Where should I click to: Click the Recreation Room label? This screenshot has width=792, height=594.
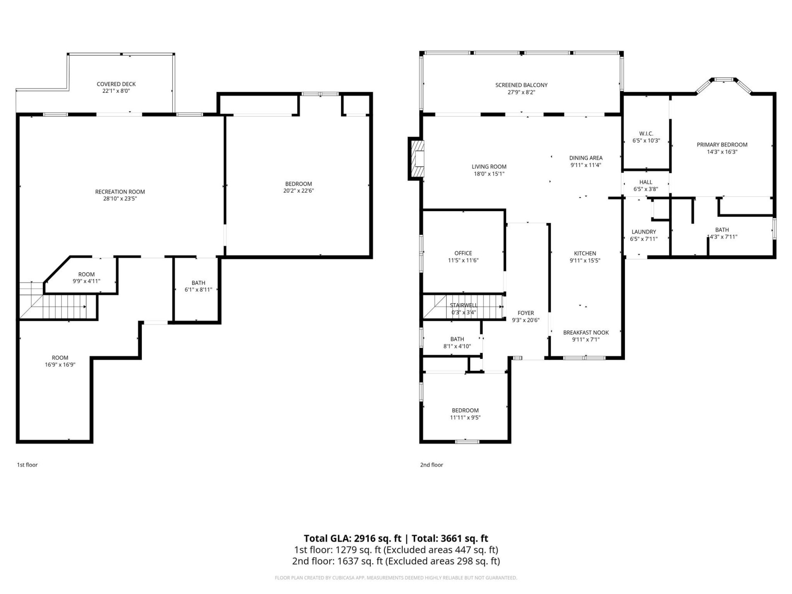tap(120, 192)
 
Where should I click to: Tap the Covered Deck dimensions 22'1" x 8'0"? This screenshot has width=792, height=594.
tap(116, 91)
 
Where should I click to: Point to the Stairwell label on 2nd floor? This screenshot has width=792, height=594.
tap(463, 305)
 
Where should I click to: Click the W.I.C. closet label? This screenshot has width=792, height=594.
tap(646, 134)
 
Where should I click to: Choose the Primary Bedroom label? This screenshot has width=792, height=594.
tap(722, 145)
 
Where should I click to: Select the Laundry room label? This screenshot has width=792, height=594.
tap(643, 232)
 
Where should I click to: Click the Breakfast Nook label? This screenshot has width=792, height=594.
tap(586, 332)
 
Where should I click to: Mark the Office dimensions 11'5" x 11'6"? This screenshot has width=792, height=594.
tap(463, 261)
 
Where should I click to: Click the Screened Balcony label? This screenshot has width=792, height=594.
tap(521, 85)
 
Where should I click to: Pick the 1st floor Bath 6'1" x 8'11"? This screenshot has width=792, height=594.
tap(198, 286)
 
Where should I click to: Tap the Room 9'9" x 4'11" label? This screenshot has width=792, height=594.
tap(86, 274)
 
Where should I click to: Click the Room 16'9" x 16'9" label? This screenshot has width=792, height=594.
tap(60, 358)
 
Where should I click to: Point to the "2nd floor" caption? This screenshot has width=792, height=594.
tap(431, 465)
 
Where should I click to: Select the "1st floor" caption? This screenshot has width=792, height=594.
tap(27, 465)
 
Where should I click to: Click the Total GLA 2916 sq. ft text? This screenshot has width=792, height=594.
tap(352, 538)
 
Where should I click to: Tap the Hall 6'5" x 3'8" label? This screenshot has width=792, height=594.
tap(646, 182)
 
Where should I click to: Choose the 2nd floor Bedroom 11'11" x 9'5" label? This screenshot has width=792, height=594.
tap(465, 410)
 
